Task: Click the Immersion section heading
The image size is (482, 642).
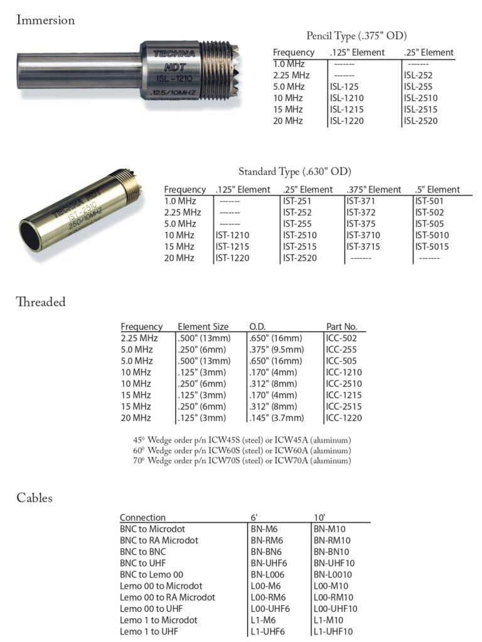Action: coord(45,20)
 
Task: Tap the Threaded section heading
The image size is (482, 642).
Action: coord(41,302)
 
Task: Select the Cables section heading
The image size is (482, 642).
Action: coord(35,498)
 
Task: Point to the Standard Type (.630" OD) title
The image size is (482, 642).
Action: coord(294,171)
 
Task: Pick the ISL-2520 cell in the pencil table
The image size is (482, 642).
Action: coord(420,121)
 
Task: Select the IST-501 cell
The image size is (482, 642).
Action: coord(429,201)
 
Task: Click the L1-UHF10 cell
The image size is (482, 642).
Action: coord(333,631)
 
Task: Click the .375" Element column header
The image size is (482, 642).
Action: coord(374,189)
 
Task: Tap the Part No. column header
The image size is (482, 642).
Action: coord(341,326)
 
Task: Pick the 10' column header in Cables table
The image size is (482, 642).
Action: coord(319,517)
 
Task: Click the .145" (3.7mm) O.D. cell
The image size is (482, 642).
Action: coord(276,418)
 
